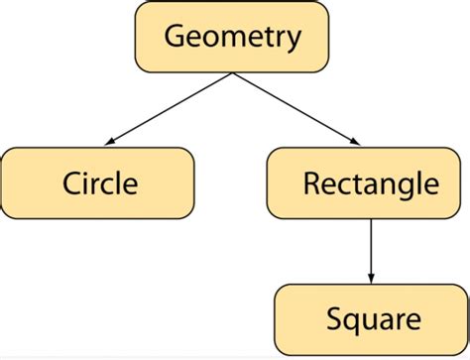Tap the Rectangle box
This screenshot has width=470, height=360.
click(368, 182)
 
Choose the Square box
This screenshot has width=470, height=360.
click(372, 319)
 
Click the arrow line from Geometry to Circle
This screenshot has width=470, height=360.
click(169, 110)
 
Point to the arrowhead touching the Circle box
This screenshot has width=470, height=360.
click(109, 144)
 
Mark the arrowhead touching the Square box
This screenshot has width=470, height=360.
click(370, 279)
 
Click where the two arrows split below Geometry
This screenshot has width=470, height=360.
click(232, 74)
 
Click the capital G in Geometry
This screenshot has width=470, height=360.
click(175, 38)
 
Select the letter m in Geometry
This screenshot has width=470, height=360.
click(234, 40)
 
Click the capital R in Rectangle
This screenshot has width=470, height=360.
click(310, 182)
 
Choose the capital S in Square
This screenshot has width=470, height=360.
click(333, 319)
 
